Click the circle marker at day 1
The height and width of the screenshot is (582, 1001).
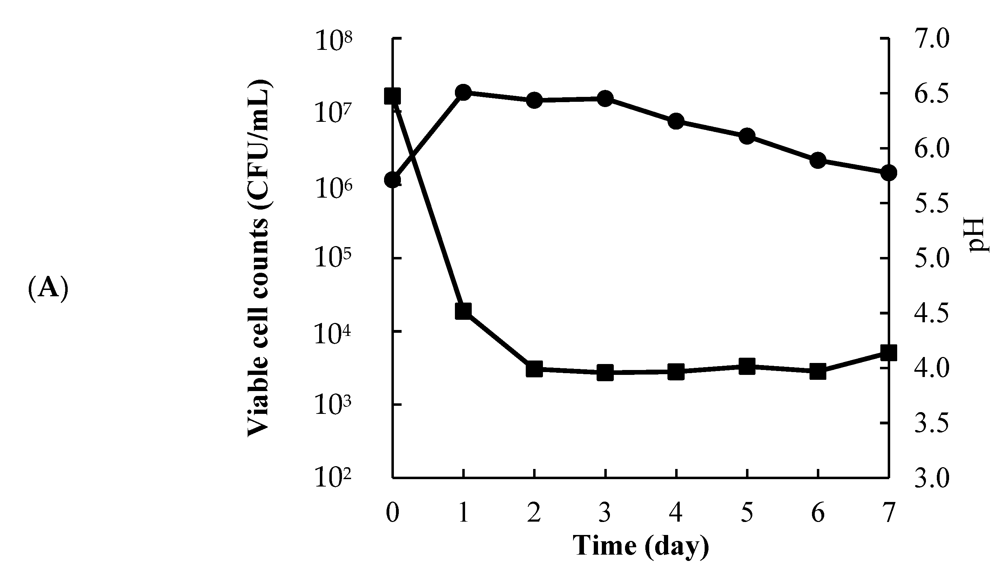(x=463, y=93)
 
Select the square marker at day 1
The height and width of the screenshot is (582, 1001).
(x=463, y=311)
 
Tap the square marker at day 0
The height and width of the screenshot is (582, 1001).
(x=392, y=96)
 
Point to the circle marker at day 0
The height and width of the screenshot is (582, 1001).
(x=392, y=180)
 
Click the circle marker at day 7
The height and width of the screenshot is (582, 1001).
(x=888, y=173)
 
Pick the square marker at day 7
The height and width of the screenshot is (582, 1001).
(x=888, y=353)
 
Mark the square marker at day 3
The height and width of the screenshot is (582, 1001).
(x=605, y=373)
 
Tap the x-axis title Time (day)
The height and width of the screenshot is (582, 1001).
(x=640, y=546)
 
